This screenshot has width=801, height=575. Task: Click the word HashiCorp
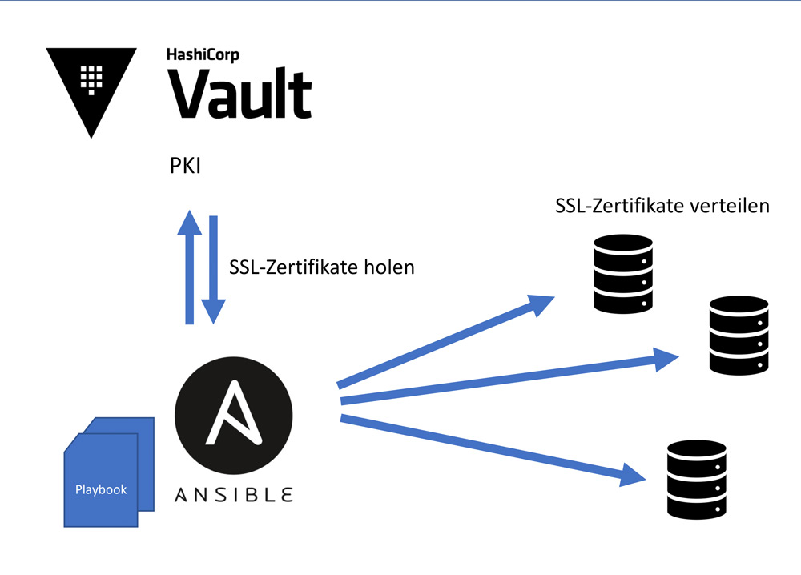[202, 55]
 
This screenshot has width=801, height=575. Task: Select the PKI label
[185, 168]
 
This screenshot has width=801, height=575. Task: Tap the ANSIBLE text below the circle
[233, 494]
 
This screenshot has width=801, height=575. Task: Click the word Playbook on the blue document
[101, 489]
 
